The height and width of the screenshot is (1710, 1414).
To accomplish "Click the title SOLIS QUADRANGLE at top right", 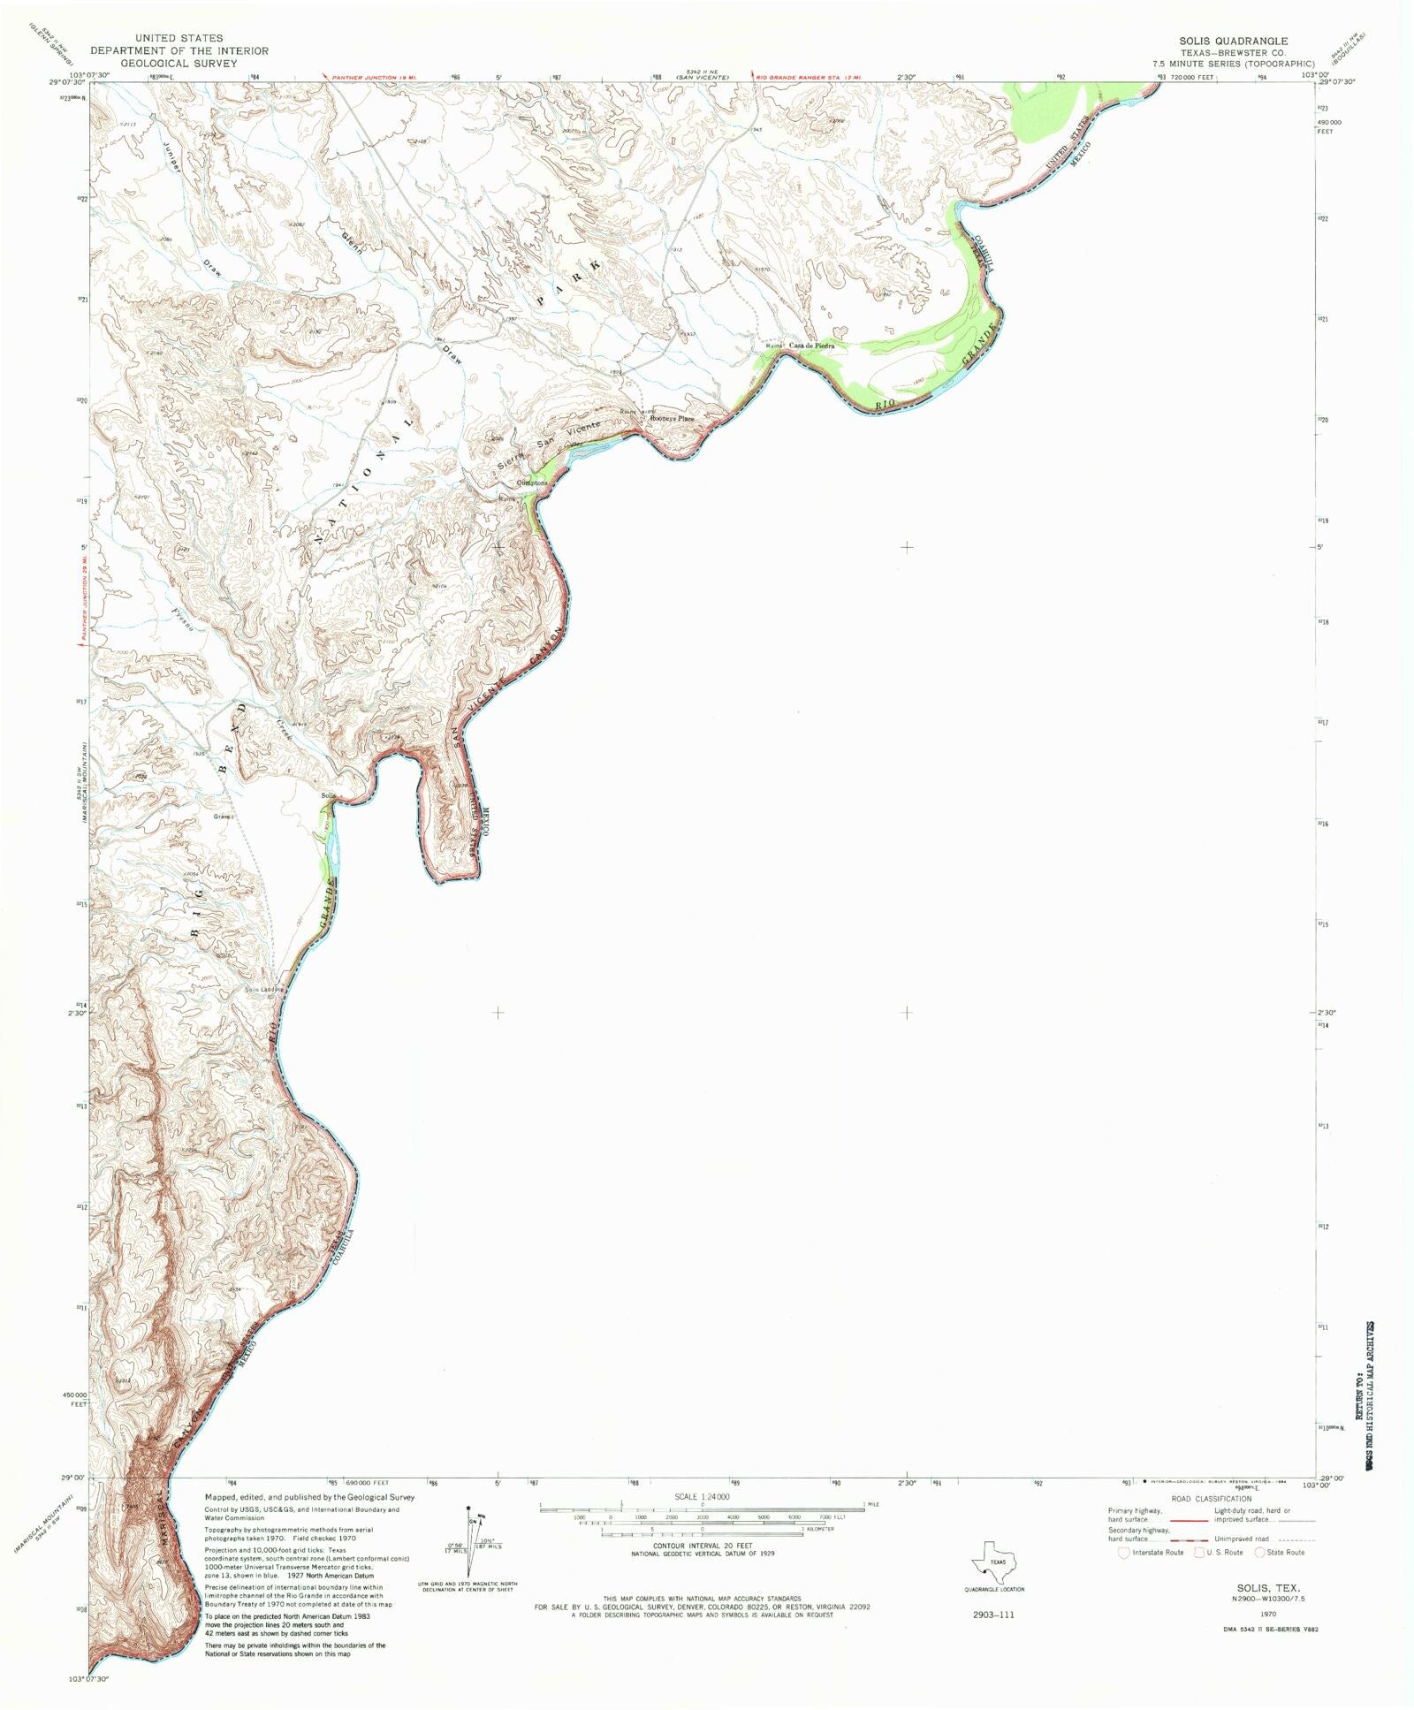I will point(1233,41).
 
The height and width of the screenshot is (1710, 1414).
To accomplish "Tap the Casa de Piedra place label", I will point(811,346).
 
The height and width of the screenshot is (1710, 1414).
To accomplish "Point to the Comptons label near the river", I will point(532,483).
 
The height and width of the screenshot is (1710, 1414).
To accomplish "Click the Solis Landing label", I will point(263,990).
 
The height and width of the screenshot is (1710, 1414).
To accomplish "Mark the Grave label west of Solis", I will point(222,817).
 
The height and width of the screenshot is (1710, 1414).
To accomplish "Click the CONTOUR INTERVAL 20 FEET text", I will point(703,1546).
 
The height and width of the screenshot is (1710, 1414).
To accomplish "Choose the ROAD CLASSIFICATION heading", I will point(1212,1499).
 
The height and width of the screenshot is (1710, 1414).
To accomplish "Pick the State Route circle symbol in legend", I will point(1259,1553).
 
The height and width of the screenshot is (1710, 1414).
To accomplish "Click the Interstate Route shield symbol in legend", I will point(1123,1553).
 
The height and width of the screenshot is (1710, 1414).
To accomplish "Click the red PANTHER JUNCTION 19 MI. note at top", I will point(369,78).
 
